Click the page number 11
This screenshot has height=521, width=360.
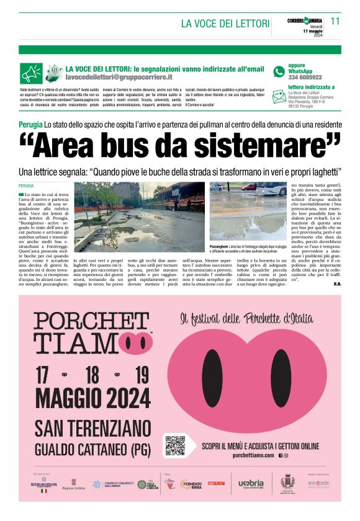(335, 20)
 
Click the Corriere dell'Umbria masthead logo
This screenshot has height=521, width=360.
(305, 20)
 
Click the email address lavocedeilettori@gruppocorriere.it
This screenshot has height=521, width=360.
(119, 78)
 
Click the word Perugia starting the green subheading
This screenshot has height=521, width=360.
(30, 125)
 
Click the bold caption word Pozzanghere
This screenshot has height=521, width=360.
(223, 246)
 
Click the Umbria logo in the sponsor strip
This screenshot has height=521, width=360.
(251, 483)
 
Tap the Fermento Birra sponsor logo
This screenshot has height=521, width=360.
(191, 484)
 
